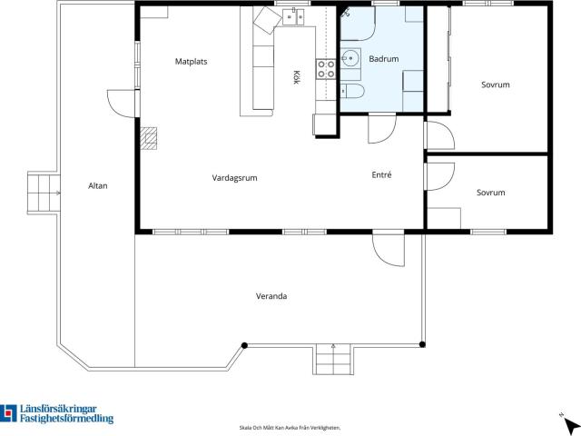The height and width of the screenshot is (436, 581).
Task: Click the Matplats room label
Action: point(191,62)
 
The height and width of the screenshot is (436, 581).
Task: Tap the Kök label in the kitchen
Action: point(296,77)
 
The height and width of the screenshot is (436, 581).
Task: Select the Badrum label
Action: point(384,58)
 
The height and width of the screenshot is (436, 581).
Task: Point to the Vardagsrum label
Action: point(234,178)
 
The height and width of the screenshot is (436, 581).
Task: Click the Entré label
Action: point(381,174)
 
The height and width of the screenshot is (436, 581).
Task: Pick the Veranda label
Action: point(271,296)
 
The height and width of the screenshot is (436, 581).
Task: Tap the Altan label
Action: point(98,185)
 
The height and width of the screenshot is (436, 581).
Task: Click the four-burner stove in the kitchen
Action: point(326,69)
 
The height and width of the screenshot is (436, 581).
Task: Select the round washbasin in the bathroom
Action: point(349,58)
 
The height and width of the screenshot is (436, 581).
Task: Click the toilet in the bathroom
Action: point(352,91)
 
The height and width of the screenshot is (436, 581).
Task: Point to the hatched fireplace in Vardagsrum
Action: point(149,138)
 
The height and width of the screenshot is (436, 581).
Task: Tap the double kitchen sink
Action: point(293,17)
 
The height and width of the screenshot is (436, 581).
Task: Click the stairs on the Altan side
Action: point(44,193)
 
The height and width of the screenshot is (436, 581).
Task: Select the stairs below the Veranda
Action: point(333,359)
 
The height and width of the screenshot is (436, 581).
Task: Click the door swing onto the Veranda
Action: point(389,250)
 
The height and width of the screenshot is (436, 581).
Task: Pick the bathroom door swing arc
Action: point(382,129)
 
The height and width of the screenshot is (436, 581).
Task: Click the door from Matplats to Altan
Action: point(122,104)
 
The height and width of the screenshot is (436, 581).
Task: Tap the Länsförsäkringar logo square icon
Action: point(8,413)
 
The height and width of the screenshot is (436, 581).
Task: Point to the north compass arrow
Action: point(569,424)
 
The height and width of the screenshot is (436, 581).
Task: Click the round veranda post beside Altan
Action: point(244,345)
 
